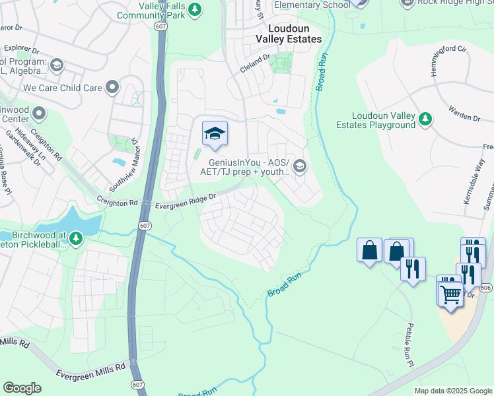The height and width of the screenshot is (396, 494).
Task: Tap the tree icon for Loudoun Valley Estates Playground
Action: pyautogui.click(x=426, y=119)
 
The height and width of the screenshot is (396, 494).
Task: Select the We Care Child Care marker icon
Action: pyautogui.click(x=112, y=86)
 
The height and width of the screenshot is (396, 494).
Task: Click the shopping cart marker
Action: pyautogui.click(x=450, y=292)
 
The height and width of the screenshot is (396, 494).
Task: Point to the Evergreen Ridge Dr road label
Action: pyautogui.click(x=186, y=201)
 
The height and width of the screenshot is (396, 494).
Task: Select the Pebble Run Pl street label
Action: pyautogui.click(x=409, y=345)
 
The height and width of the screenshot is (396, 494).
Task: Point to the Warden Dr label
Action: pyautogui.click(x=466, y=117)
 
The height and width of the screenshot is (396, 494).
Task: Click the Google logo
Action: pyautogui.click(x=22, y=388)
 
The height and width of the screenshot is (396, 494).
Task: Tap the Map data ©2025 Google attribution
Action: pyautogui.click(x=452, y=391)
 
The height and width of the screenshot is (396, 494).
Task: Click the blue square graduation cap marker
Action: pyautogui.click(x=215, y=135)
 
